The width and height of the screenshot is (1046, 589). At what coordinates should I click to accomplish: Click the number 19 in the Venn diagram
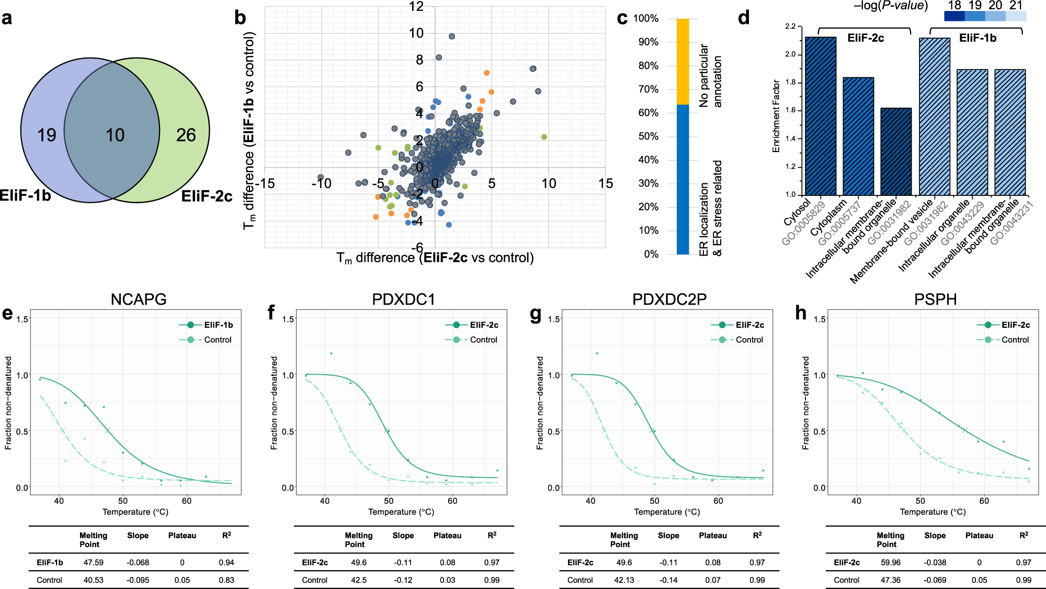pyautogui.click(x=47, y=135)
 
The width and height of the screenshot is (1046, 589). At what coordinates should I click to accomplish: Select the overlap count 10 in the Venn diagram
pyautogui.click(x=115, y=135)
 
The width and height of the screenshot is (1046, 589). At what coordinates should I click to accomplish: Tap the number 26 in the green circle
pyautogui.click(x=186, y=135)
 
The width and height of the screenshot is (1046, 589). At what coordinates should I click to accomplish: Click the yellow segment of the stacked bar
pyautogui.click(x=683, y=62)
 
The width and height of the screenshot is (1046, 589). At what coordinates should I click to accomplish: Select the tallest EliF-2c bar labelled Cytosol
pyautogui.click(x=821, y=116)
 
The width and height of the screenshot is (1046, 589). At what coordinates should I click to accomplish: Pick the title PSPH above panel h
pyautogui.click(x=935, y=299)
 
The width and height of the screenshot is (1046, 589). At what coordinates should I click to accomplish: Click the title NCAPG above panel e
pyautogui.click(x=139, y=299)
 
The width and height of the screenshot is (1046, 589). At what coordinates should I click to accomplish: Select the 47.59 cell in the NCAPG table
pyautogui.click(x=94, y=562)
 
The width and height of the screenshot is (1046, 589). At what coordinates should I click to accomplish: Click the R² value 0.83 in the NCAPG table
pyautogui.click(x=226, y=580)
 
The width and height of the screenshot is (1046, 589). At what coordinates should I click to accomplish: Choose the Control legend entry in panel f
pyautogui.click(x=483, y=340)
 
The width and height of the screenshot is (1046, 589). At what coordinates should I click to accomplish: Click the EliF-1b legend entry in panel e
pyautogui.click(x=218, y=325)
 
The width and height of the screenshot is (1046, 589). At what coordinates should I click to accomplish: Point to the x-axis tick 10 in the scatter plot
pyautogui.click(x=549, y=183)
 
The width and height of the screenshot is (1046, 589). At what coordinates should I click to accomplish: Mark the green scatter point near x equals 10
pyautogui.click(x=544, y=137)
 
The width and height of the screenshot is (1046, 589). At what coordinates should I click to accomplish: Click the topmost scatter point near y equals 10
pyautogui.click(x=452, y=37)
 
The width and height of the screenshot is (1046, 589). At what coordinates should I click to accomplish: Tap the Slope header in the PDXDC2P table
pyautogui.click(x=668, y=536)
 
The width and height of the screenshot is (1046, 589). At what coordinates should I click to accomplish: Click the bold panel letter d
pyautogui.click(x=743, y=18)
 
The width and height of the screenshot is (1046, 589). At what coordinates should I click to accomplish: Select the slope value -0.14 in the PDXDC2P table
pyautogui.click(x=668, y=580)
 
